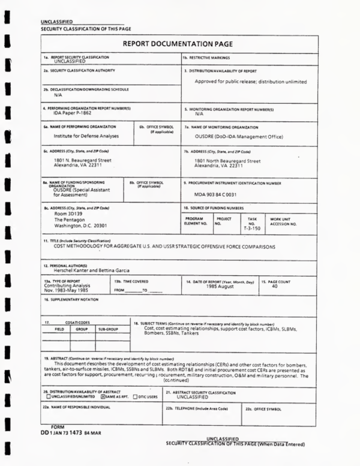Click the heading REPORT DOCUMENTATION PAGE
click(x=178, y=44)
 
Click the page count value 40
click(x=274, y=286)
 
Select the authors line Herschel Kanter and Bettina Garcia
click(x=91, y=270)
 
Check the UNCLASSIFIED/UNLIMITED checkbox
click(x=48, y=397)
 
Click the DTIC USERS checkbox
click(x=135, y=397)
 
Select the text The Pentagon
click(x=67, y=220)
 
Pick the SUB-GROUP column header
click(x=108, y=329)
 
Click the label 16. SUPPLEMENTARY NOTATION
click(x=70, y=298)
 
